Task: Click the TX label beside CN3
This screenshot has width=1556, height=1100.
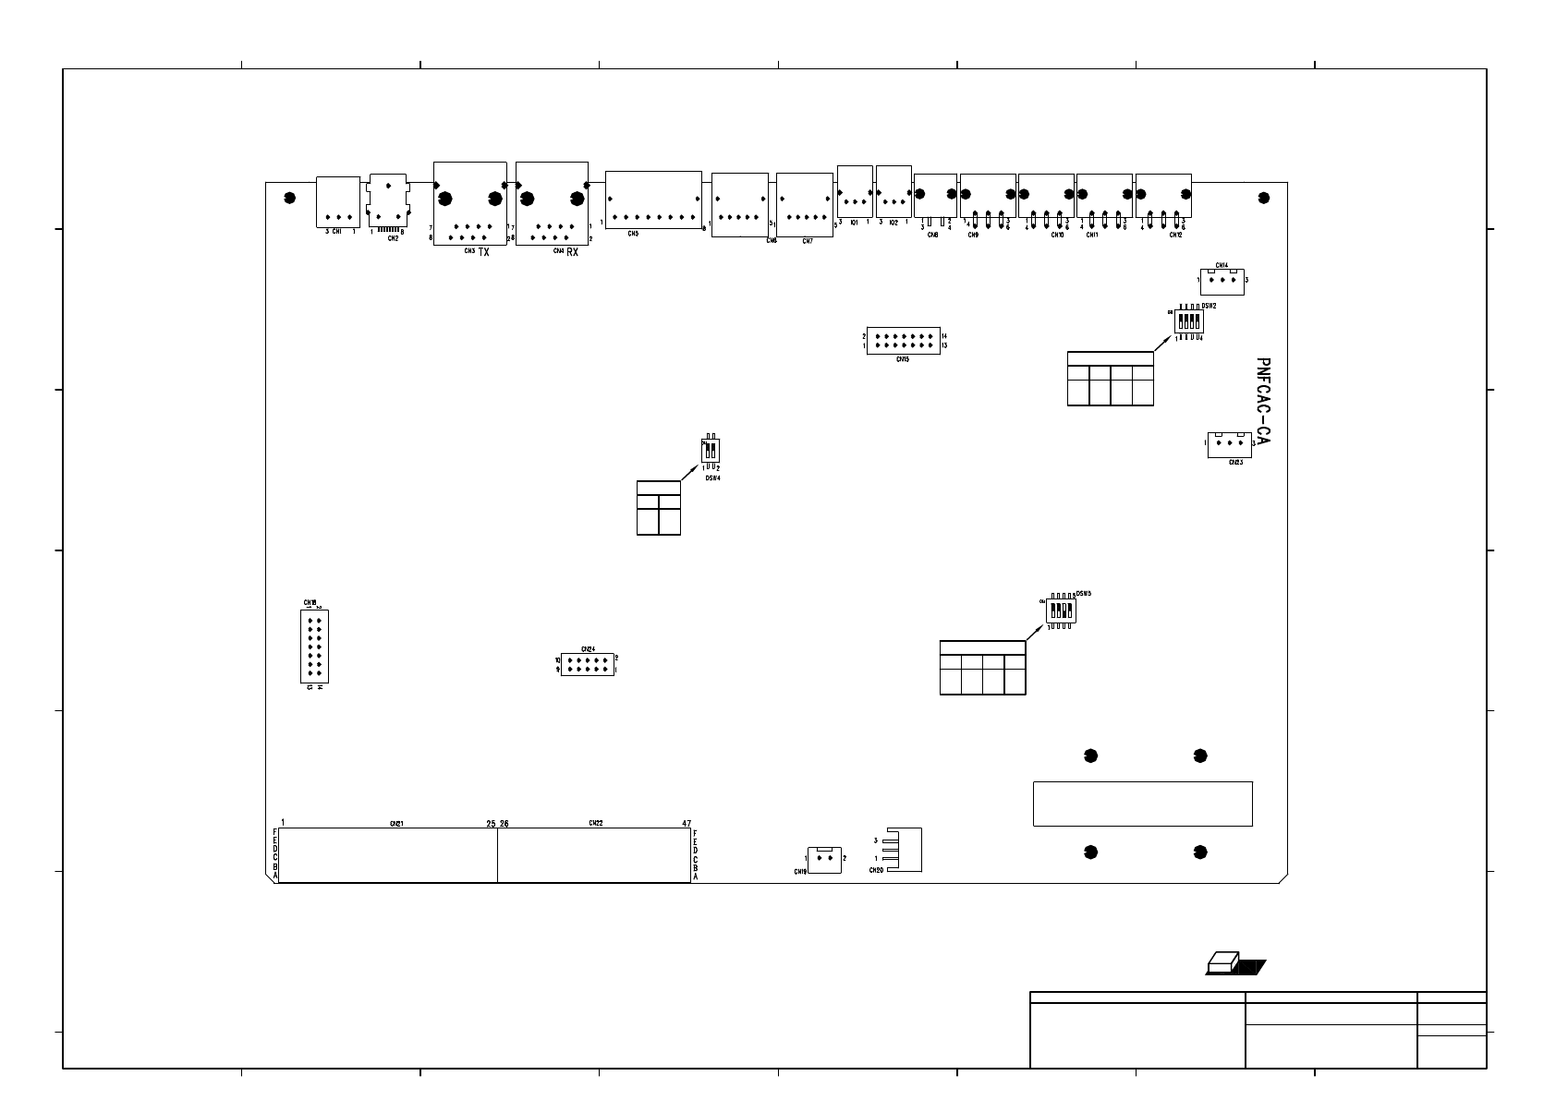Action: pyautogui.click(x=484, y=252)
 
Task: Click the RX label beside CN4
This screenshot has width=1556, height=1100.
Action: pyautogui.click(x=573, y=252)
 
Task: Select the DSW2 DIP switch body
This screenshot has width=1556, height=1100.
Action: pyautogui.click(x=1189, y=321)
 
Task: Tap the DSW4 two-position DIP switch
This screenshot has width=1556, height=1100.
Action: pyautogui.click(x=711, y=450)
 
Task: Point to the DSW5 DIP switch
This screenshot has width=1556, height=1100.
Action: pyautogui.click(x=1061, y=610)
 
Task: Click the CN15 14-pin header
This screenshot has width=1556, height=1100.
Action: pyautogui.click(x=904, y=341)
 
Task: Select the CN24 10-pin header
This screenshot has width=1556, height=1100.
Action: pyautogui.click(x=588, y=664)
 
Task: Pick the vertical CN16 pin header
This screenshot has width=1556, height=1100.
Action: pyautogui.click(x=315, y=646)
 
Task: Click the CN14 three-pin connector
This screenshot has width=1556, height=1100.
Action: pyautogui.click(x=1222, y=281)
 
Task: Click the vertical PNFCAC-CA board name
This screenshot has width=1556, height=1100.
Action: pyautogui.click(x=1263, y=403)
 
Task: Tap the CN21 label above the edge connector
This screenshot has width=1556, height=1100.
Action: pyautogui.click(x=395, y=822)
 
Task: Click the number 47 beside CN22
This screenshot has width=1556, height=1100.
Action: pyautogui.click(x=687, y=822)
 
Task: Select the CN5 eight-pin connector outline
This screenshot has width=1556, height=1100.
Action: pyautogui.click(x=653, y=199)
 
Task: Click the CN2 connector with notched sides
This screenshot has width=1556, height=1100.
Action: pyautogui.click(x=388, y=199)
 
